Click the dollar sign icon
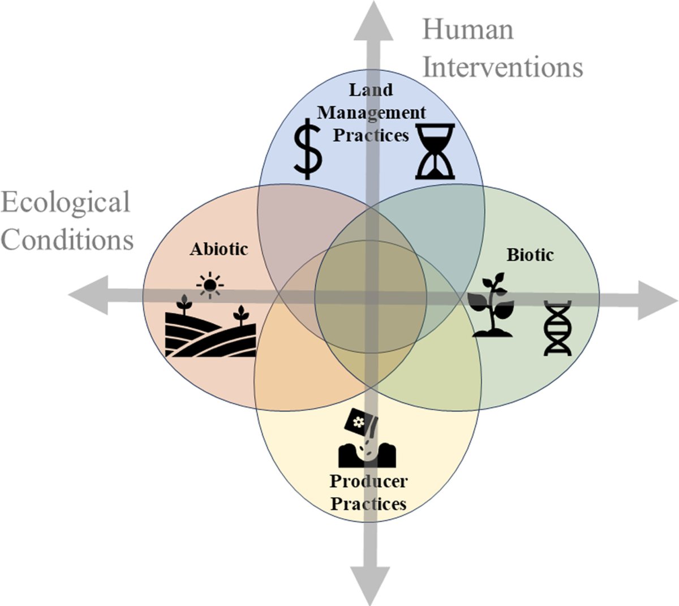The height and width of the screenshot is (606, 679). point(308,149)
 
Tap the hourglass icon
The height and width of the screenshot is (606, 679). point(436,151)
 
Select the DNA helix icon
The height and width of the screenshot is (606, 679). point(557,328)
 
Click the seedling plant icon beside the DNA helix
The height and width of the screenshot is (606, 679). point(493,305)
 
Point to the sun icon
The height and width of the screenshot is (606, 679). point(210,286)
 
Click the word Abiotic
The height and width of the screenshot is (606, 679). point(219,249)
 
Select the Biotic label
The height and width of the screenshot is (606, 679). point(530,255)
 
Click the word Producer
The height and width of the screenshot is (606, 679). point(368,482)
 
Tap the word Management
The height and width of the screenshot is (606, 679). point(371,113)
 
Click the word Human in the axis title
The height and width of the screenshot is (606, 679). point(468,30)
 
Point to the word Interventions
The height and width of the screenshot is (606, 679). point(502,67)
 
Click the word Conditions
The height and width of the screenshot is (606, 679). point(67,239)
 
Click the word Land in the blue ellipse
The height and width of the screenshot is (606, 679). point(371,89)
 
